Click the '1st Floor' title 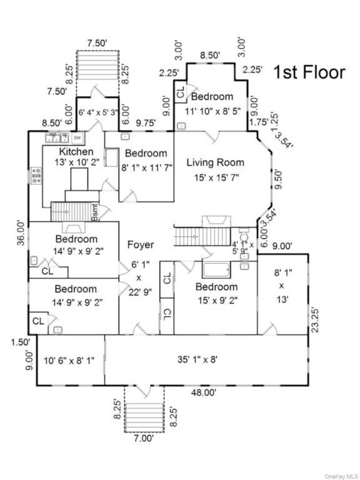coord(309,72)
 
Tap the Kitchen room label coord(76,151)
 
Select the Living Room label coord(216,162)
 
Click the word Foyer coord(141,244)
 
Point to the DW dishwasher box coord(77,138)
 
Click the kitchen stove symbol coord(36,176)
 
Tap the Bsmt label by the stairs coord(95,212)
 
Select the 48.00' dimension coord(204,392)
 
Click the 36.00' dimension coord(21,232)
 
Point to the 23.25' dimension coord(315,320)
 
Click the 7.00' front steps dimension coord(144,438)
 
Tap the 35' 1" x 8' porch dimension coord(197,359)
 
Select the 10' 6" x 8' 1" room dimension coord(69,361)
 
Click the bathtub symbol coord(216,269)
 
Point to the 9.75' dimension coord(146,122)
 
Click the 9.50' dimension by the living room coord(278,180)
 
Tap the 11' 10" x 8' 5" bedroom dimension coord(212,111)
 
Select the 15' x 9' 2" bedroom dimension coord(217,300)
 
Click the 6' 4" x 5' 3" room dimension coord(98,112)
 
